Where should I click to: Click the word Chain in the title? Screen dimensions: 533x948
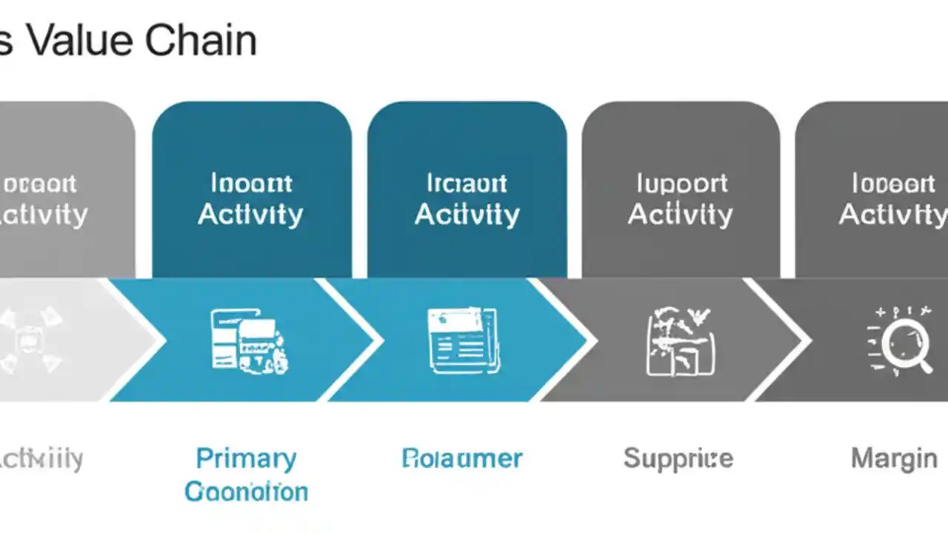tap(201, 41)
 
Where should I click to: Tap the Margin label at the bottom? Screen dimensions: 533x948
tap(894, 458)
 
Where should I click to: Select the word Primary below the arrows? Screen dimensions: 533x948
tap(246, 459)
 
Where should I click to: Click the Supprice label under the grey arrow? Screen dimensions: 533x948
tap(678, 458)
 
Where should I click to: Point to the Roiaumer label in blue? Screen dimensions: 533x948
tap(462, 458)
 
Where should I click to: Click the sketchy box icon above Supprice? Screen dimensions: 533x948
tap(680, 341)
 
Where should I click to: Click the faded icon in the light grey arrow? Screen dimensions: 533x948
tap(30, 341)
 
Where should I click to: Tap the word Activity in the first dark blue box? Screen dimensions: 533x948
tap(250, 215)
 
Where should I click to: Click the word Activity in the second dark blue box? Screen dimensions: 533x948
tap(467, 215)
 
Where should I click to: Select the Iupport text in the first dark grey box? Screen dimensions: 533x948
tap(681, 183)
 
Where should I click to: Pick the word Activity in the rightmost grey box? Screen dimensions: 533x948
tap(892, 215)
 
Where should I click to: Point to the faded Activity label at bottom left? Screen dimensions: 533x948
tap(41, 459)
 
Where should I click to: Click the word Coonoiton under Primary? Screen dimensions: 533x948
tap(246, 492)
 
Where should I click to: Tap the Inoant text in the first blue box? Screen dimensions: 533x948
tap(251, 183)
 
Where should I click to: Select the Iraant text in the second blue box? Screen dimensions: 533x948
tap(467, 183)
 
